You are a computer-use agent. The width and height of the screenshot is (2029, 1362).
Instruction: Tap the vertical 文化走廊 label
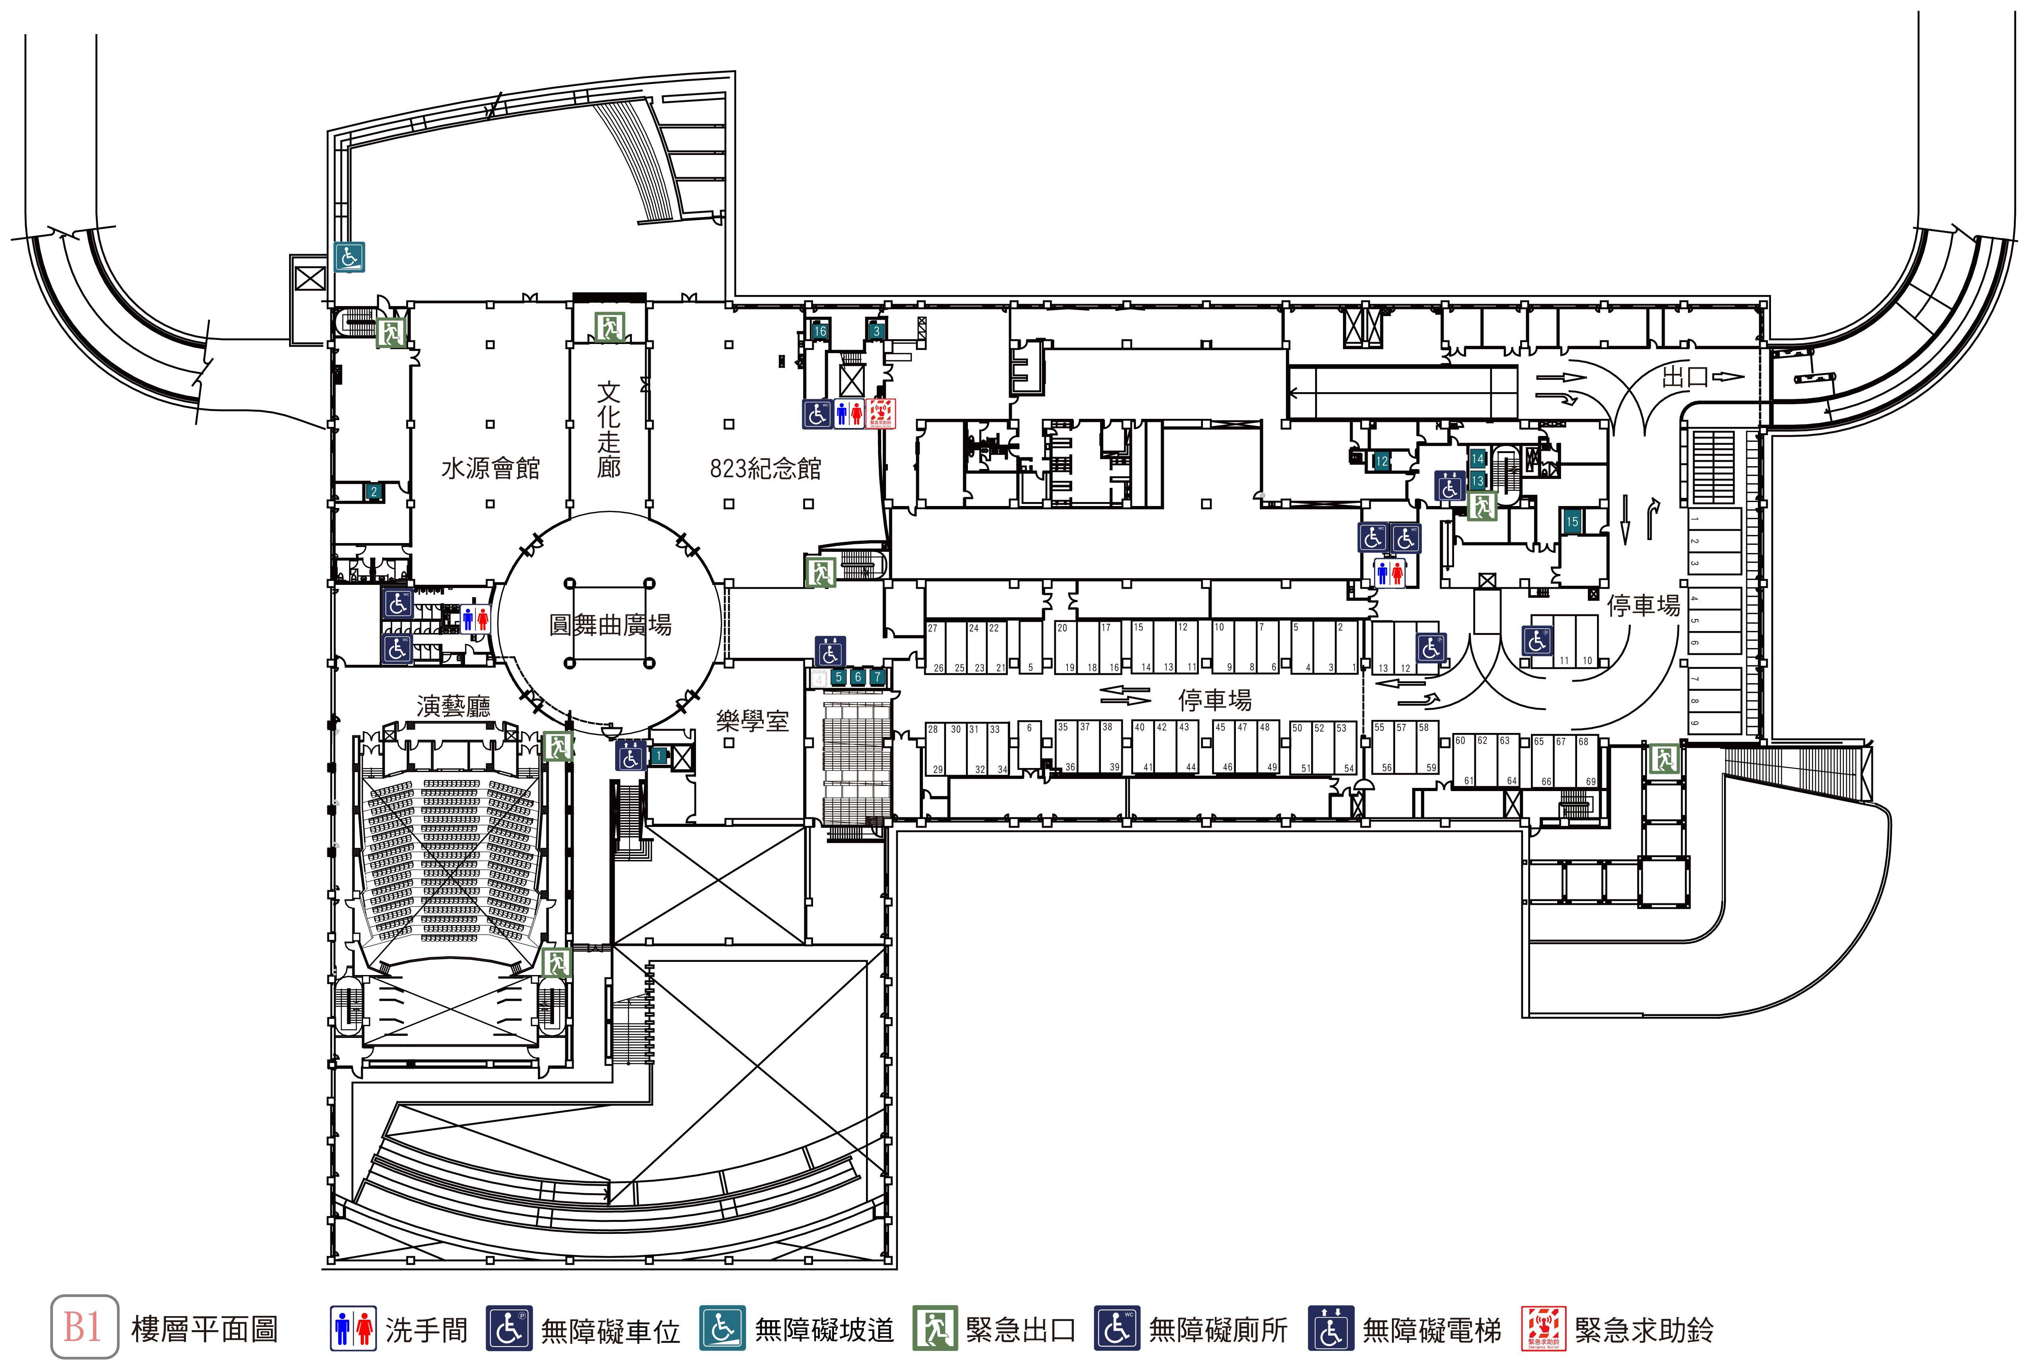pos(609,430)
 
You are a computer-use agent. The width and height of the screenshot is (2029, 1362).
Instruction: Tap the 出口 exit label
pos(1685,377)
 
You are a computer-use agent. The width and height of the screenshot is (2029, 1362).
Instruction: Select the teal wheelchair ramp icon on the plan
pos(349,257)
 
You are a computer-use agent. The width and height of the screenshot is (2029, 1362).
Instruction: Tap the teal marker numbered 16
pos(819,331)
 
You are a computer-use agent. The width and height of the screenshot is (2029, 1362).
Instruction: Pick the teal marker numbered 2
pos(373,492)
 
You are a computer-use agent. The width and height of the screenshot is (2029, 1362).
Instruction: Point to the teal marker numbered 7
pos(877,677)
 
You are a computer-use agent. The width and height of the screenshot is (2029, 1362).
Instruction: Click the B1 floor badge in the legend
pos(84,1327)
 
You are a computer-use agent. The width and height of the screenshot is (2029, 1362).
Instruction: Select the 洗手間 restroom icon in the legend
pos(353,1328)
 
